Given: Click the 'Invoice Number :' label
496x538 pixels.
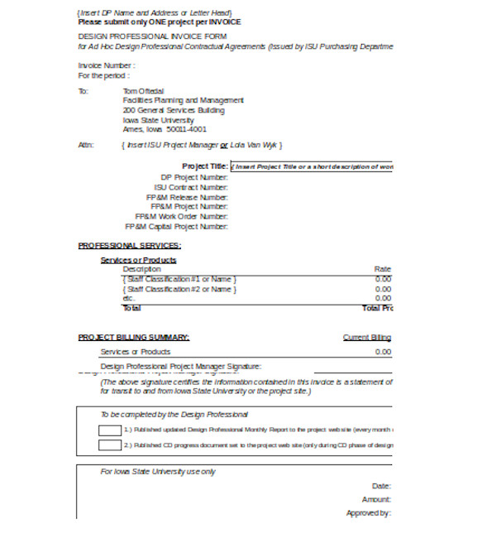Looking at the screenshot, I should point(107,65).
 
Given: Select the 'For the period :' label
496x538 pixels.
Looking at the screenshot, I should point(103,75).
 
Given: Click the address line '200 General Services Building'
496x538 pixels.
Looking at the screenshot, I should point(173,110).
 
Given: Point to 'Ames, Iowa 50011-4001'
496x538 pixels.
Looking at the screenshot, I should point(165,129).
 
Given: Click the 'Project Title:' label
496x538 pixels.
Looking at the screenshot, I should point(205,166).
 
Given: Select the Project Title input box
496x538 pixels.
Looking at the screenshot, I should point(312,166).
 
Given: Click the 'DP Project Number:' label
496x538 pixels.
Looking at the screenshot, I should point(194,177).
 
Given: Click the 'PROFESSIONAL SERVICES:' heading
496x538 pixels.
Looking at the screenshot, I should point(130,245).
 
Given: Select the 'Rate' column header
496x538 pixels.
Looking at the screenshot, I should point(382,269).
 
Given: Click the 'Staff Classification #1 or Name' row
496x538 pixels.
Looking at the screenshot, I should point(179,279).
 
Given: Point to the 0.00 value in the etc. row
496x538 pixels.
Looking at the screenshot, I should point(383,298).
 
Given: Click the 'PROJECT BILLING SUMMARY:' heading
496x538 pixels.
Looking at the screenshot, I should point(134,337).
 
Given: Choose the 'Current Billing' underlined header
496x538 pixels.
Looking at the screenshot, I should point(366,337).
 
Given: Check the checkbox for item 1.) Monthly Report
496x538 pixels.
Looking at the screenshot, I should point(109,430).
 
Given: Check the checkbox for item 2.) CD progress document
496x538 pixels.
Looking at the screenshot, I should point(109,445).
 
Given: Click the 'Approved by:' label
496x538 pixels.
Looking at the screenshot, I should point(368,513).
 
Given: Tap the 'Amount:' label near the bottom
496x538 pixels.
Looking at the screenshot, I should point(376,499).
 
